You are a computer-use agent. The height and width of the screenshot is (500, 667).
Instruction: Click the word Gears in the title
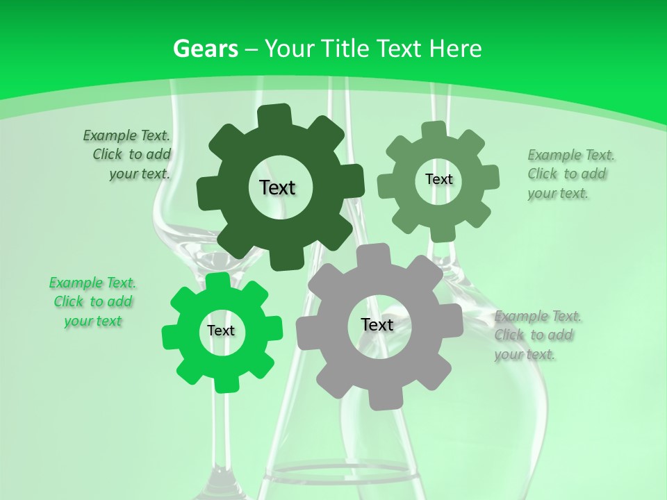coord(205,49)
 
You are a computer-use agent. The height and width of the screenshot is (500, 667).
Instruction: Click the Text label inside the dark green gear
coord(278,187)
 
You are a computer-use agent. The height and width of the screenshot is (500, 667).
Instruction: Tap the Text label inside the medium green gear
coord(438,179)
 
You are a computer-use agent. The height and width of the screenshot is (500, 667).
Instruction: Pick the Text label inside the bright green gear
coord(221,331)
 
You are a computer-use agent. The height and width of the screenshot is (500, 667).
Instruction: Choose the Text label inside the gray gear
coord(377,325)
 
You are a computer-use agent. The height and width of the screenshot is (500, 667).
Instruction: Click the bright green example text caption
coord(92,302)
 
